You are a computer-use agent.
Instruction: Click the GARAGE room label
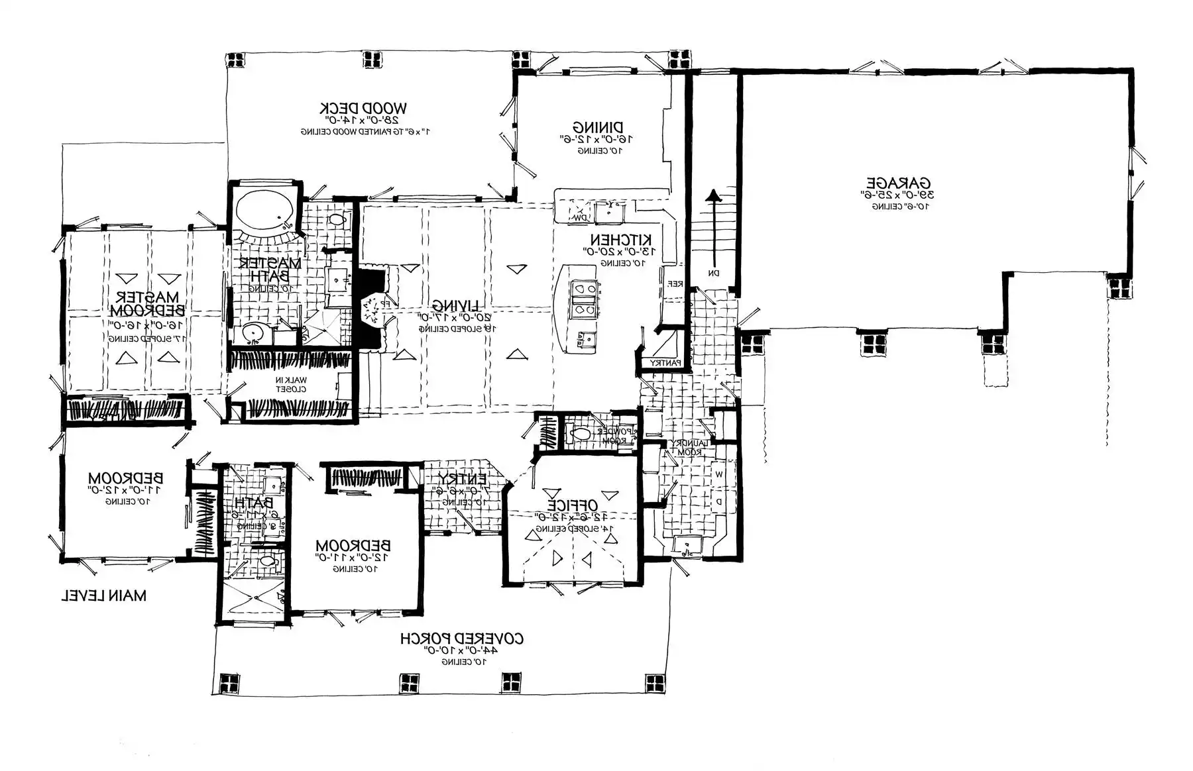pyautogui.click(x=899, y=183)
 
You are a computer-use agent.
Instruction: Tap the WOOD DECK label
pyautogui.click(x=363, y=108)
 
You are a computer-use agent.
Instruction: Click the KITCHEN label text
pyautogui.click(x=621, y=239)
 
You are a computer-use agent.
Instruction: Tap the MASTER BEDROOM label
pyautogui.click(x=147, y=303)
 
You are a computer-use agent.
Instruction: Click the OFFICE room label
pyautogui.click(x=573, y=505)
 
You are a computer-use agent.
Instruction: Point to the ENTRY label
pyautogui.click(x=461, y=478)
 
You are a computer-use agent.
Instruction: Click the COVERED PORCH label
pyautogui.click(x=461, y=639)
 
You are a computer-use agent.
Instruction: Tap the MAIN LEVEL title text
pyautogui.click(x=104, y=595)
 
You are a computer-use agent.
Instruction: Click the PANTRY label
pyautogui.click(x=665, y=363)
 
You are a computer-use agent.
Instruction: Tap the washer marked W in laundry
pyautogui.click(x=719, y=474)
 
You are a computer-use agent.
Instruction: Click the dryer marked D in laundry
pyautogui.click(x=719, y=501)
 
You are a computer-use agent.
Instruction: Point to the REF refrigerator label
pyautogui.click(x=675, y=283)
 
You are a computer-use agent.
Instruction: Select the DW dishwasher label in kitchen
pyautogui.click(x=580, y=217)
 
